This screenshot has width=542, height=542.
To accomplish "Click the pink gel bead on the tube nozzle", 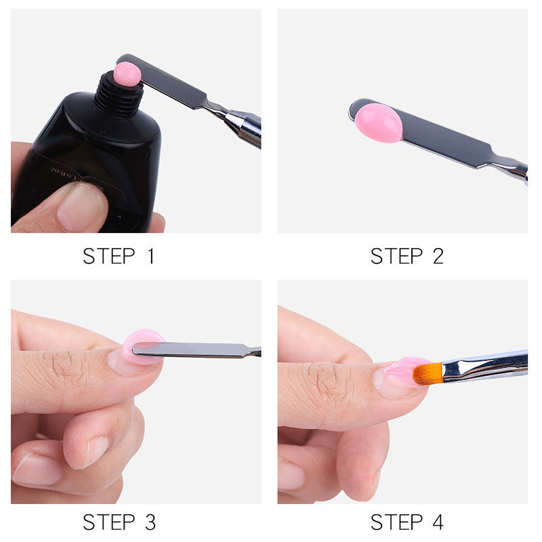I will coord(127,72).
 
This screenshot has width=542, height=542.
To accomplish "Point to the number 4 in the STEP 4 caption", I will coord(436,522).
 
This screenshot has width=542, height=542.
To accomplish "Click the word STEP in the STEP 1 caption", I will coord(108,256).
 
